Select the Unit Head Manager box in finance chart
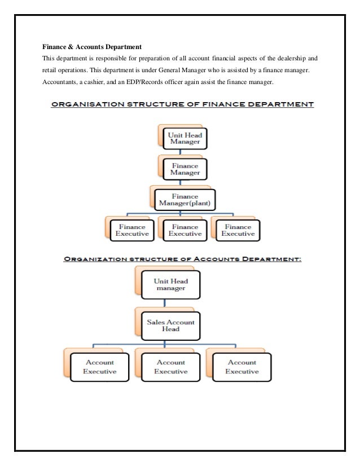click(x=181, y=138)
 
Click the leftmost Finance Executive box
click(x=131, y=228)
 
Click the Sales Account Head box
click(x=170, y=326)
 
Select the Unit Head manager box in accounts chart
click(x=170, y=285)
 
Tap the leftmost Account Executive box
click(x=99, y=367)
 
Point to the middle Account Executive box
click(x=170, y=367)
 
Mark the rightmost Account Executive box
click(x=242, y=367)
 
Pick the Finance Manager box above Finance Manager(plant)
click(x=181, y=168)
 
